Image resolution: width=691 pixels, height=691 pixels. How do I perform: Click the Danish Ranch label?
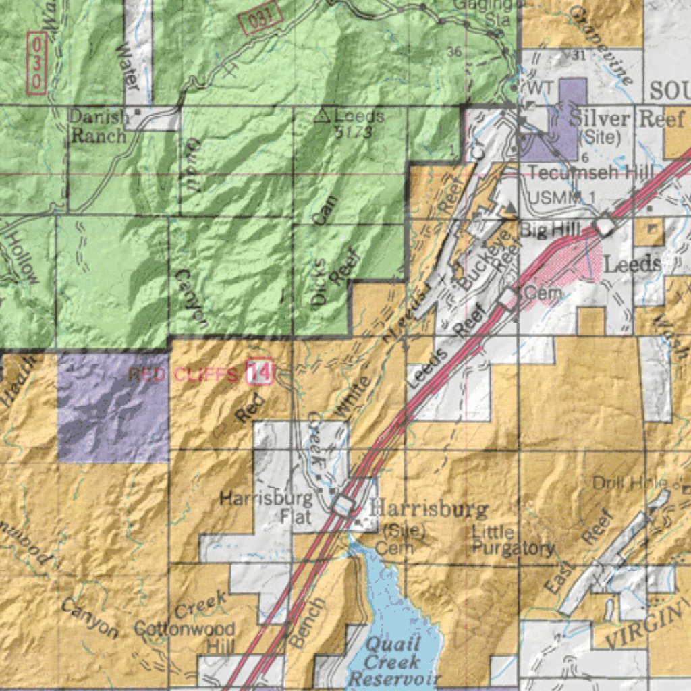click(99, 126)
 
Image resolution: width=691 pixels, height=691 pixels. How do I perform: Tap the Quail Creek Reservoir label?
click(395, 661)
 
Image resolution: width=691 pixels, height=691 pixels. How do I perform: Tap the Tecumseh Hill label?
click(590, 172)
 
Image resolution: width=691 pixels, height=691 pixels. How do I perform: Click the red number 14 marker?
click(259, 372)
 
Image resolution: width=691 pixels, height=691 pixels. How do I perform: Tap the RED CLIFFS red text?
click(183, 374)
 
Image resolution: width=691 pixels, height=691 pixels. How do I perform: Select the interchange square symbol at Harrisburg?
click(343, 503)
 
